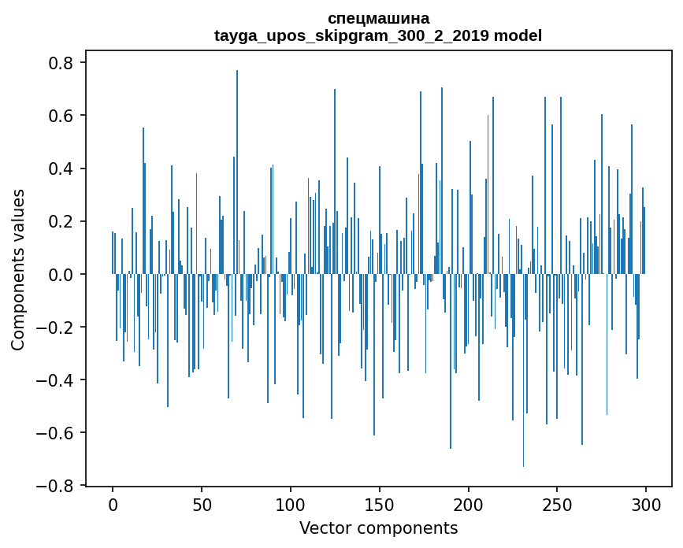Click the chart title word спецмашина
coord(378,18)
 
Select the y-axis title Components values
coord(18,269)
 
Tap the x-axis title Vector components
coord(378,528)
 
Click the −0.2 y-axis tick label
coord(58,327)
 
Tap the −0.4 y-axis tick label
coord(58,380)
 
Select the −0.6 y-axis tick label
coord(58,432)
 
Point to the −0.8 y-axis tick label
coord(58,485)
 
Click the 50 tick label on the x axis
coord(202,503)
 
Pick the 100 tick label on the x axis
coord(291,503)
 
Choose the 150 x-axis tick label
coord(379,503)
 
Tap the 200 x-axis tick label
coord(468,503)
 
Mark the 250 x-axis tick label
coord(557,503)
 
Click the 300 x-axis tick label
coord(646,503)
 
